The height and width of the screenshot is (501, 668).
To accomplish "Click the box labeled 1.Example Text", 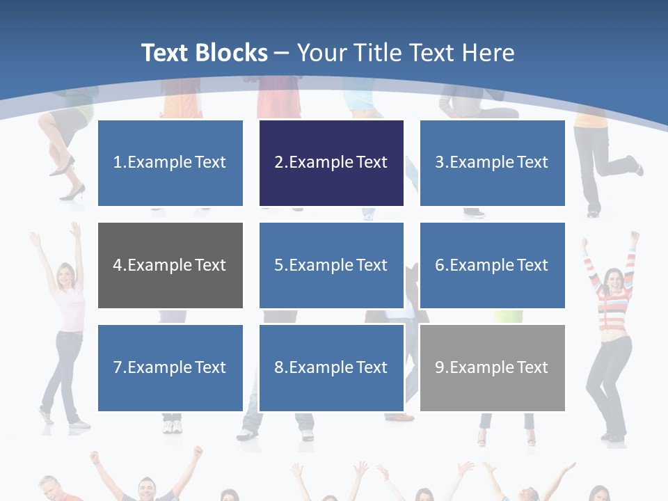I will [x=170, y=163].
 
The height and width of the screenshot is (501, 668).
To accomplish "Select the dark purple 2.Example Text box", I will [x=331, y=163].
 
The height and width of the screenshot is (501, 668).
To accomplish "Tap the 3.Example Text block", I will [x=492, y=163].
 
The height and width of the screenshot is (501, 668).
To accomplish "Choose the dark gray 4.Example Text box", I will [x=170, y=265].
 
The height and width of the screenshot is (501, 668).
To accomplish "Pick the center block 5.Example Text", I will [x=331, y=265].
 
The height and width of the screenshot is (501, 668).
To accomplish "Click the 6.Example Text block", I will [x=492, y=265].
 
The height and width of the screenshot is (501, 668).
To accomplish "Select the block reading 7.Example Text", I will [x=170, y=367].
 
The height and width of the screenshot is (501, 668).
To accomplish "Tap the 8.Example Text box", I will [x=331, y=367].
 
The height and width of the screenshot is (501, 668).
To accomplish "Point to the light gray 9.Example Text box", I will [x=492, y=367].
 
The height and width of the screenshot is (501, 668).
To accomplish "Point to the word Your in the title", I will [x=321, y=53].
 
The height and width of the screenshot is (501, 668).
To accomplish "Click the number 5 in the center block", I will [x=278, y=265].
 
